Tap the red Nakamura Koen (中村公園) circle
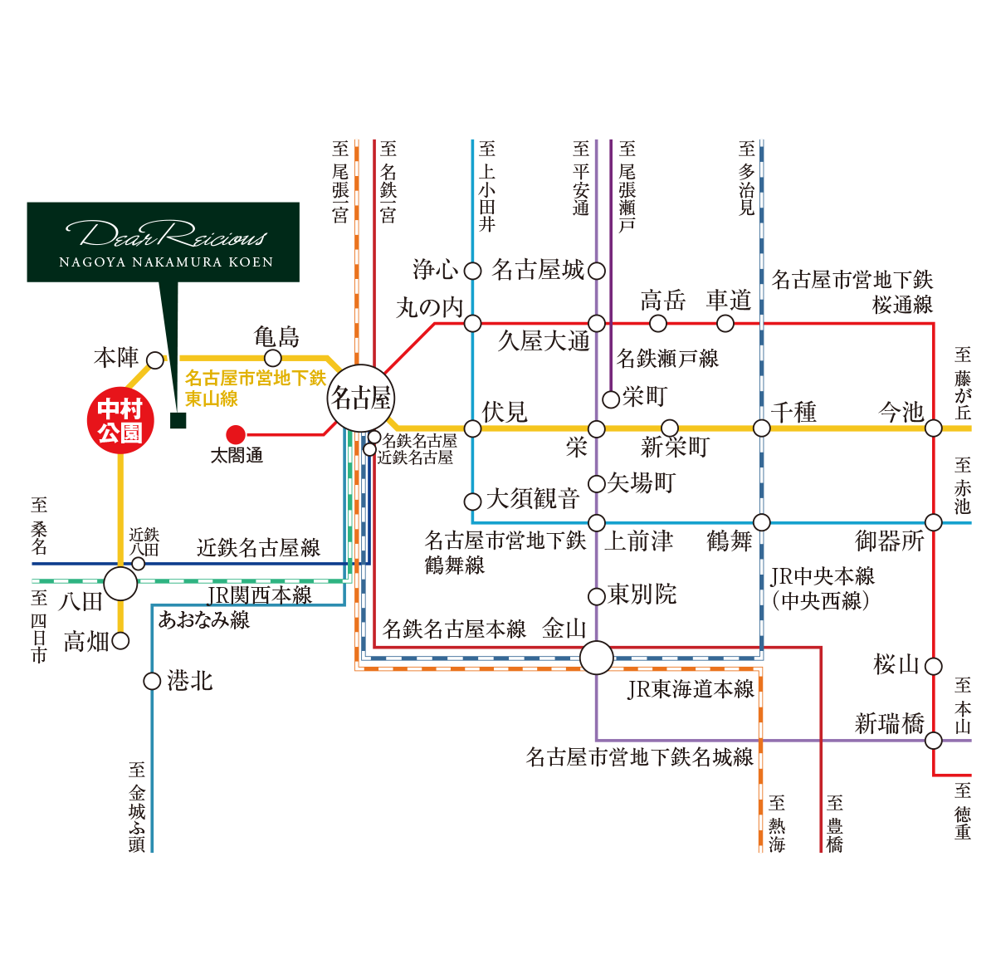click(120, 421)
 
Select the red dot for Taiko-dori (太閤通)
click(236, 435)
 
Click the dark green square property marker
click(178, 420)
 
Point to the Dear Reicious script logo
click(166, 234)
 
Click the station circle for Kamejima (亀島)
click(273, 358)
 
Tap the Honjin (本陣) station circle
click(155, 360)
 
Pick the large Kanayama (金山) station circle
click(596, 658)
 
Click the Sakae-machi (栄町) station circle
click(611, 399)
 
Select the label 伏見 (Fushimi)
click(505, 412)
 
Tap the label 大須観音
click(533, 499)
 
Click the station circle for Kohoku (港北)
click(152, 682)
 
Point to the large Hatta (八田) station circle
click(120, 584)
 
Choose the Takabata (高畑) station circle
click(120, 641)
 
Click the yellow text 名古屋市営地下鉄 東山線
click(256, 388)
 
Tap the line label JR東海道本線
click(691, 690)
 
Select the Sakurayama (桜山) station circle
click(934, 666)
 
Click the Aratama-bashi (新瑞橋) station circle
click(934, 741)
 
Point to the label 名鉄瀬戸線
click(667, 359)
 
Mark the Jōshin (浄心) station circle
click(472, 271)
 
